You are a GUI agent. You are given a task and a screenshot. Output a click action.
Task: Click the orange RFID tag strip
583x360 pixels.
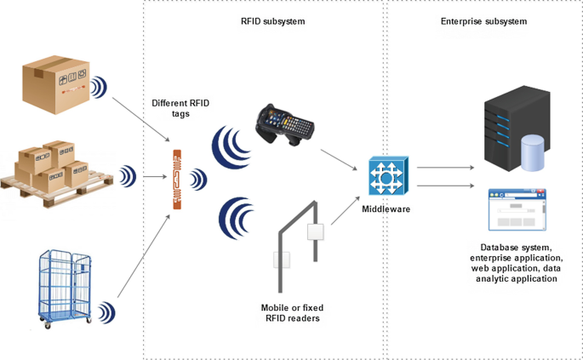[x=177, y=180]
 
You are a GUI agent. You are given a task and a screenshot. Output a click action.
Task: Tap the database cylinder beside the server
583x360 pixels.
[x=532, y=153]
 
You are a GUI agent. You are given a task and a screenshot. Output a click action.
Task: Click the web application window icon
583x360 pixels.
[x=517, y=210]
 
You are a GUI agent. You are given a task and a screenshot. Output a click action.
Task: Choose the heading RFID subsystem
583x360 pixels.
[x=266, y=20]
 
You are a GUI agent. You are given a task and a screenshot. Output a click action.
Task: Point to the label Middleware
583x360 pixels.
[x=386, y=209]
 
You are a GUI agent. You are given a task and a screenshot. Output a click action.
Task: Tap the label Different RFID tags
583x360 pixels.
[x=180, y=108]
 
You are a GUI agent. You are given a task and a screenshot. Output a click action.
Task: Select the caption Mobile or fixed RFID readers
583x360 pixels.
[x=292, y=312]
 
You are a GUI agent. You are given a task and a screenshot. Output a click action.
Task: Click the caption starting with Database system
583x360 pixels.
[x=517, y=262]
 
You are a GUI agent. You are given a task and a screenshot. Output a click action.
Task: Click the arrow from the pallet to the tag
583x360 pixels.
[x=153, y=178]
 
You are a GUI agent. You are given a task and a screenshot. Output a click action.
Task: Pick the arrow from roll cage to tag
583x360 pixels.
[x=140, y=255]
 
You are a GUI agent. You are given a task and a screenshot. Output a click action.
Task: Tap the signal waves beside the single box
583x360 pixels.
[x=100, y=85]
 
